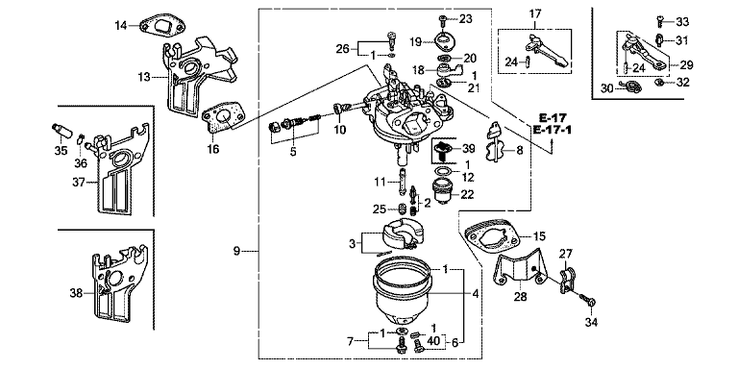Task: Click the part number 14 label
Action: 121,25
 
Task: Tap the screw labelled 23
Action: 442,20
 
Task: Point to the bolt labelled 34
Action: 588,299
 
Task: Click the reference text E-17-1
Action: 553,130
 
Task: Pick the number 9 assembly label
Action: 236,251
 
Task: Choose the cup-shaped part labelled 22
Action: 443,191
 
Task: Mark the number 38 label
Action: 76,294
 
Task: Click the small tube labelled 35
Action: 61,131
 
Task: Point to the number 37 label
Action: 79,184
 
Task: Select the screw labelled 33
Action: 659,21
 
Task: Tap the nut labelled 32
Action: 660,83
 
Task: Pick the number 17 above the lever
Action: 535,13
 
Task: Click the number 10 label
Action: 340,130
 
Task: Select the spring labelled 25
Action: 403,208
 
